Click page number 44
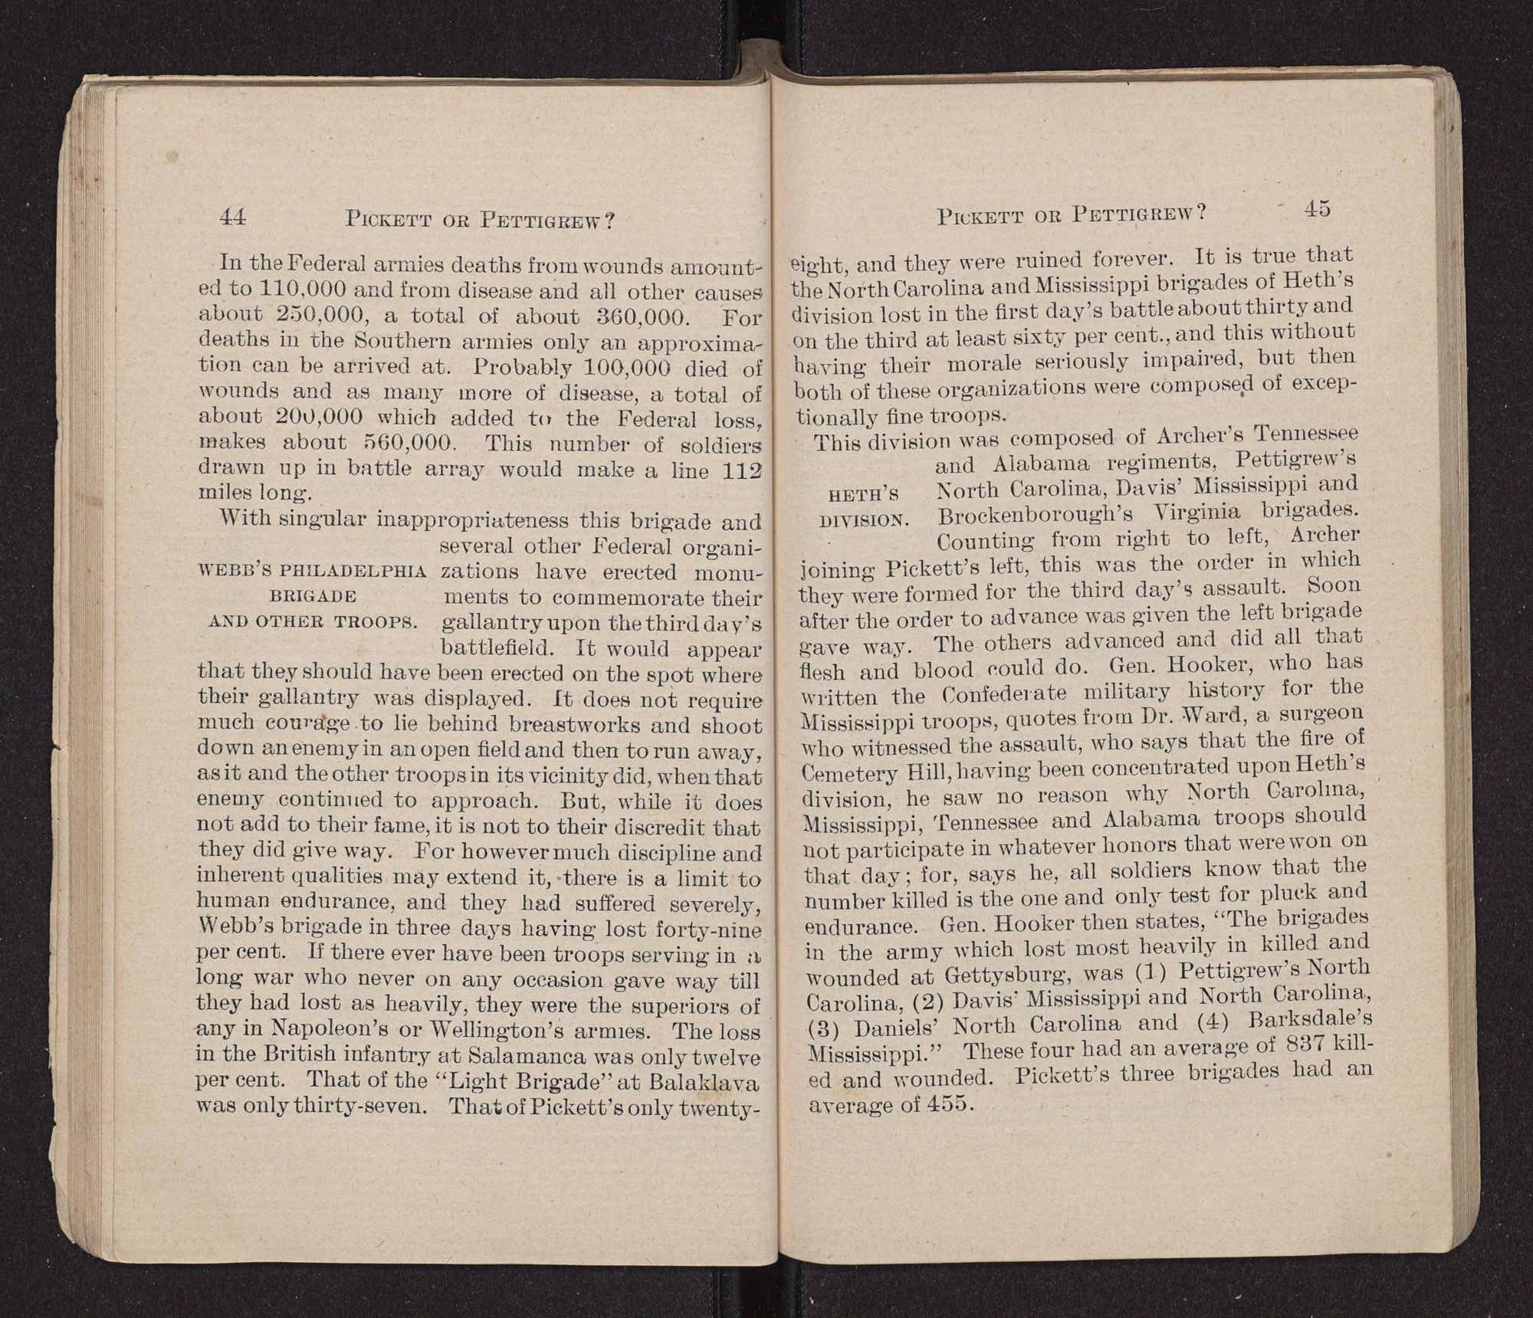(232, 218)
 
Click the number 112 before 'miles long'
(743, 470)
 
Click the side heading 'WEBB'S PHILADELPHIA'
(313, 571)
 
